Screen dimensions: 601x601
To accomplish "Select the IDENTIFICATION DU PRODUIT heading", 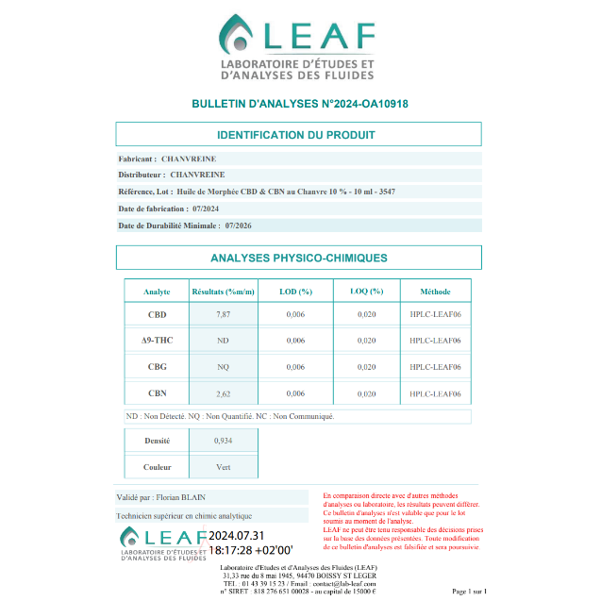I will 298,135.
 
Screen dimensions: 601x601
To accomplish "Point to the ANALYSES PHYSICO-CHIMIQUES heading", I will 298,258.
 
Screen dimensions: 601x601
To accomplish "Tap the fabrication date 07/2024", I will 205,208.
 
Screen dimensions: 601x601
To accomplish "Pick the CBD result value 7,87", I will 224,313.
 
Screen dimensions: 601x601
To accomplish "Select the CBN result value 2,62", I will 224,393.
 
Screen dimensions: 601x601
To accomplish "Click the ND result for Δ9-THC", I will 224,340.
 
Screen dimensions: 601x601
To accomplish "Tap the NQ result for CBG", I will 224,366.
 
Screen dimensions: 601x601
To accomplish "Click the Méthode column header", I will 435,292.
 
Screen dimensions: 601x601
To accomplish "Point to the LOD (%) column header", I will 295,292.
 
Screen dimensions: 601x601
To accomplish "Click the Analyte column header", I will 157,292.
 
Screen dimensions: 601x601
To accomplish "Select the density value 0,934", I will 224,441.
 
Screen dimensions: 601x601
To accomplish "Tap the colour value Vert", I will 224,466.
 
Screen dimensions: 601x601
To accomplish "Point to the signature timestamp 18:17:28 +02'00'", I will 251,549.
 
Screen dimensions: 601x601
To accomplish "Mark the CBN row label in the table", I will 157,393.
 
